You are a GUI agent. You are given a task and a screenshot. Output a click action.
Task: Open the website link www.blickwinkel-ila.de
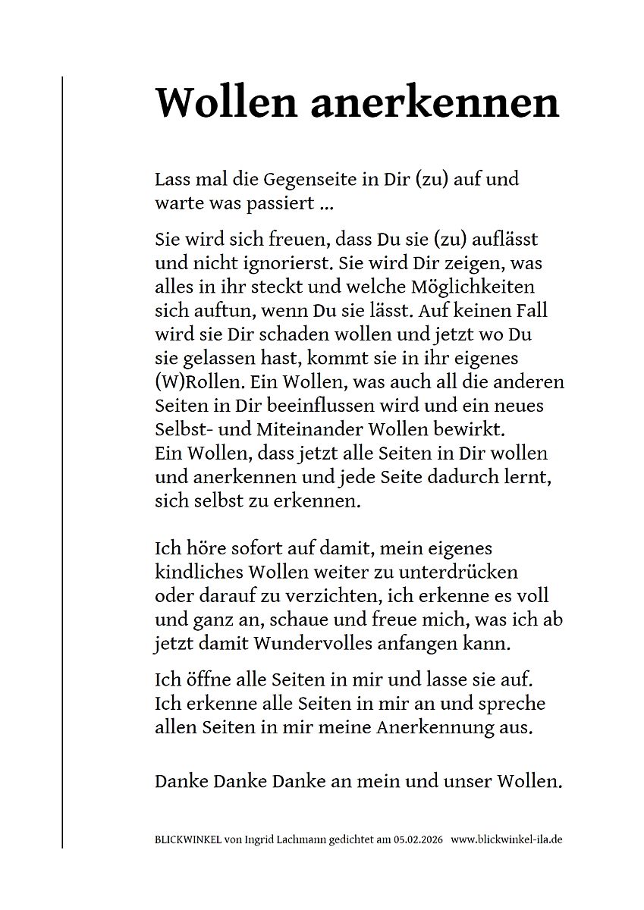click(507, 840)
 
